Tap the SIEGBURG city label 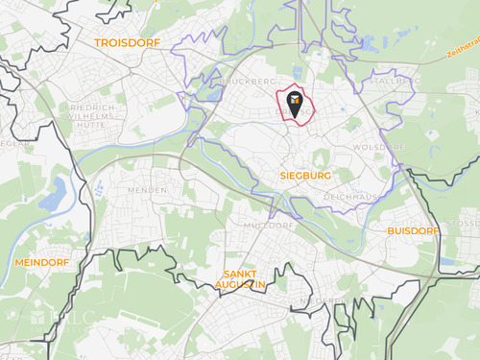[x=306, y=177]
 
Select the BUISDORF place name [x=412, y=231]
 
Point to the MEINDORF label [x=41, y=262]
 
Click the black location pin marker [x=296, y=99]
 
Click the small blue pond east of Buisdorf [x=447, y=260]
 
